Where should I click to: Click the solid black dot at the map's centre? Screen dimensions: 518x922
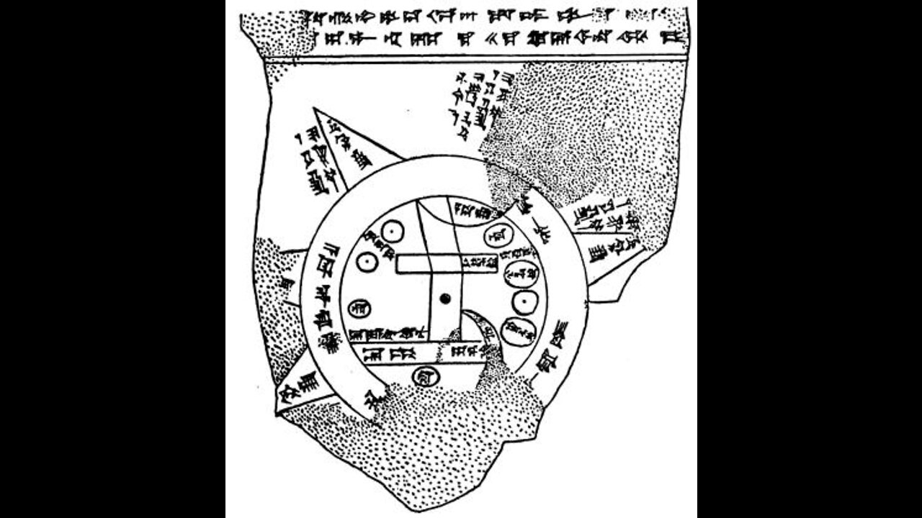click(447, 298)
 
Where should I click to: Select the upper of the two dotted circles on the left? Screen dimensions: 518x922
click(390, 232)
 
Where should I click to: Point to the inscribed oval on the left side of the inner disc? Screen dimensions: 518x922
click(357, 308)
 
